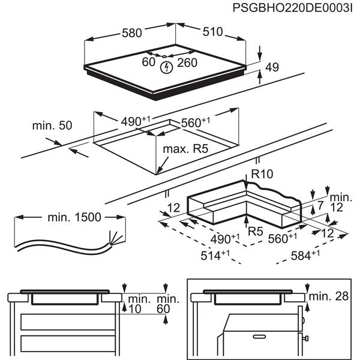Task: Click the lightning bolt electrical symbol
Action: click(166, 68)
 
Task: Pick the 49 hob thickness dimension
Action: click(272, 68)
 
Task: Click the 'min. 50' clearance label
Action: click(52, 125)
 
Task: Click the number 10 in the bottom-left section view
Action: click(136, 308)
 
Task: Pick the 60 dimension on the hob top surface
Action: click(148, 62)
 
